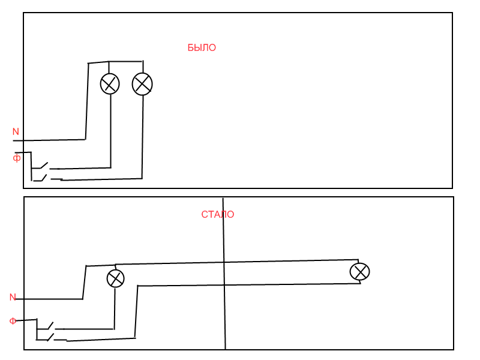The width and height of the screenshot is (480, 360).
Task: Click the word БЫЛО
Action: (x=202, y=48)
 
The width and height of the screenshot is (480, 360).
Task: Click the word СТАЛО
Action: (x=218, y=215)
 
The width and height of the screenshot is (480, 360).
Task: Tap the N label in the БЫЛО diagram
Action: (x=16, y=132)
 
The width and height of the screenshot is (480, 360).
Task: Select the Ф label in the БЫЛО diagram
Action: (x=17, y=158)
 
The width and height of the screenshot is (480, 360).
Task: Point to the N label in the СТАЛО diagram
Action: (x=13, y=297)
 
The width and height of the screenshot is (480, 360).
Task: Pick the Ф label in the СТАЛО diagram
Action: (x=13, y=321)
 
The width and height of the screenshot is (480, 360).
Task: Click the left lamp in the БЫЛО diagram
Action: (x=110, y=83)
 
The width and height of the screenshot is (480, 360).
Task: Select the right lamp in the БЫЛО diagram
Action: (x=142, y=83)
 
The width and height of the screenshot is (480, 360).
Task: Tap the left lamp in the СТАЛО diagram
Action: (x=115, y=278)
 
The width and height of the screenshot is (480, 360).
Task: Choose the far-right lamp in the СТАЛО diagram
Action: (x=359, y=272)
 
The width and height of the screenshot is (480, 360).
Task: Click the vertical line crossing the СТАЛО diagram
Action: (x=224, y=300)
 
